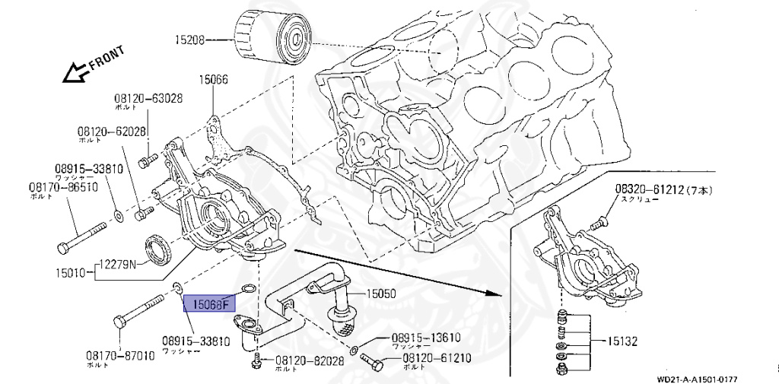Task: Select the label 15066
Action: [x=214, y=78]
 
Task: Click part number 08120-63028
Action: [x=149, y=98]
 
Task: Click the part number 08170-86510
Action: [x=63, y=186]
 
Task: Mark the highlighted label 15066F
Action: [x=210, y=305]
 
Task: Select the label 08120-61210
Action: [x=436, y=357]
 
